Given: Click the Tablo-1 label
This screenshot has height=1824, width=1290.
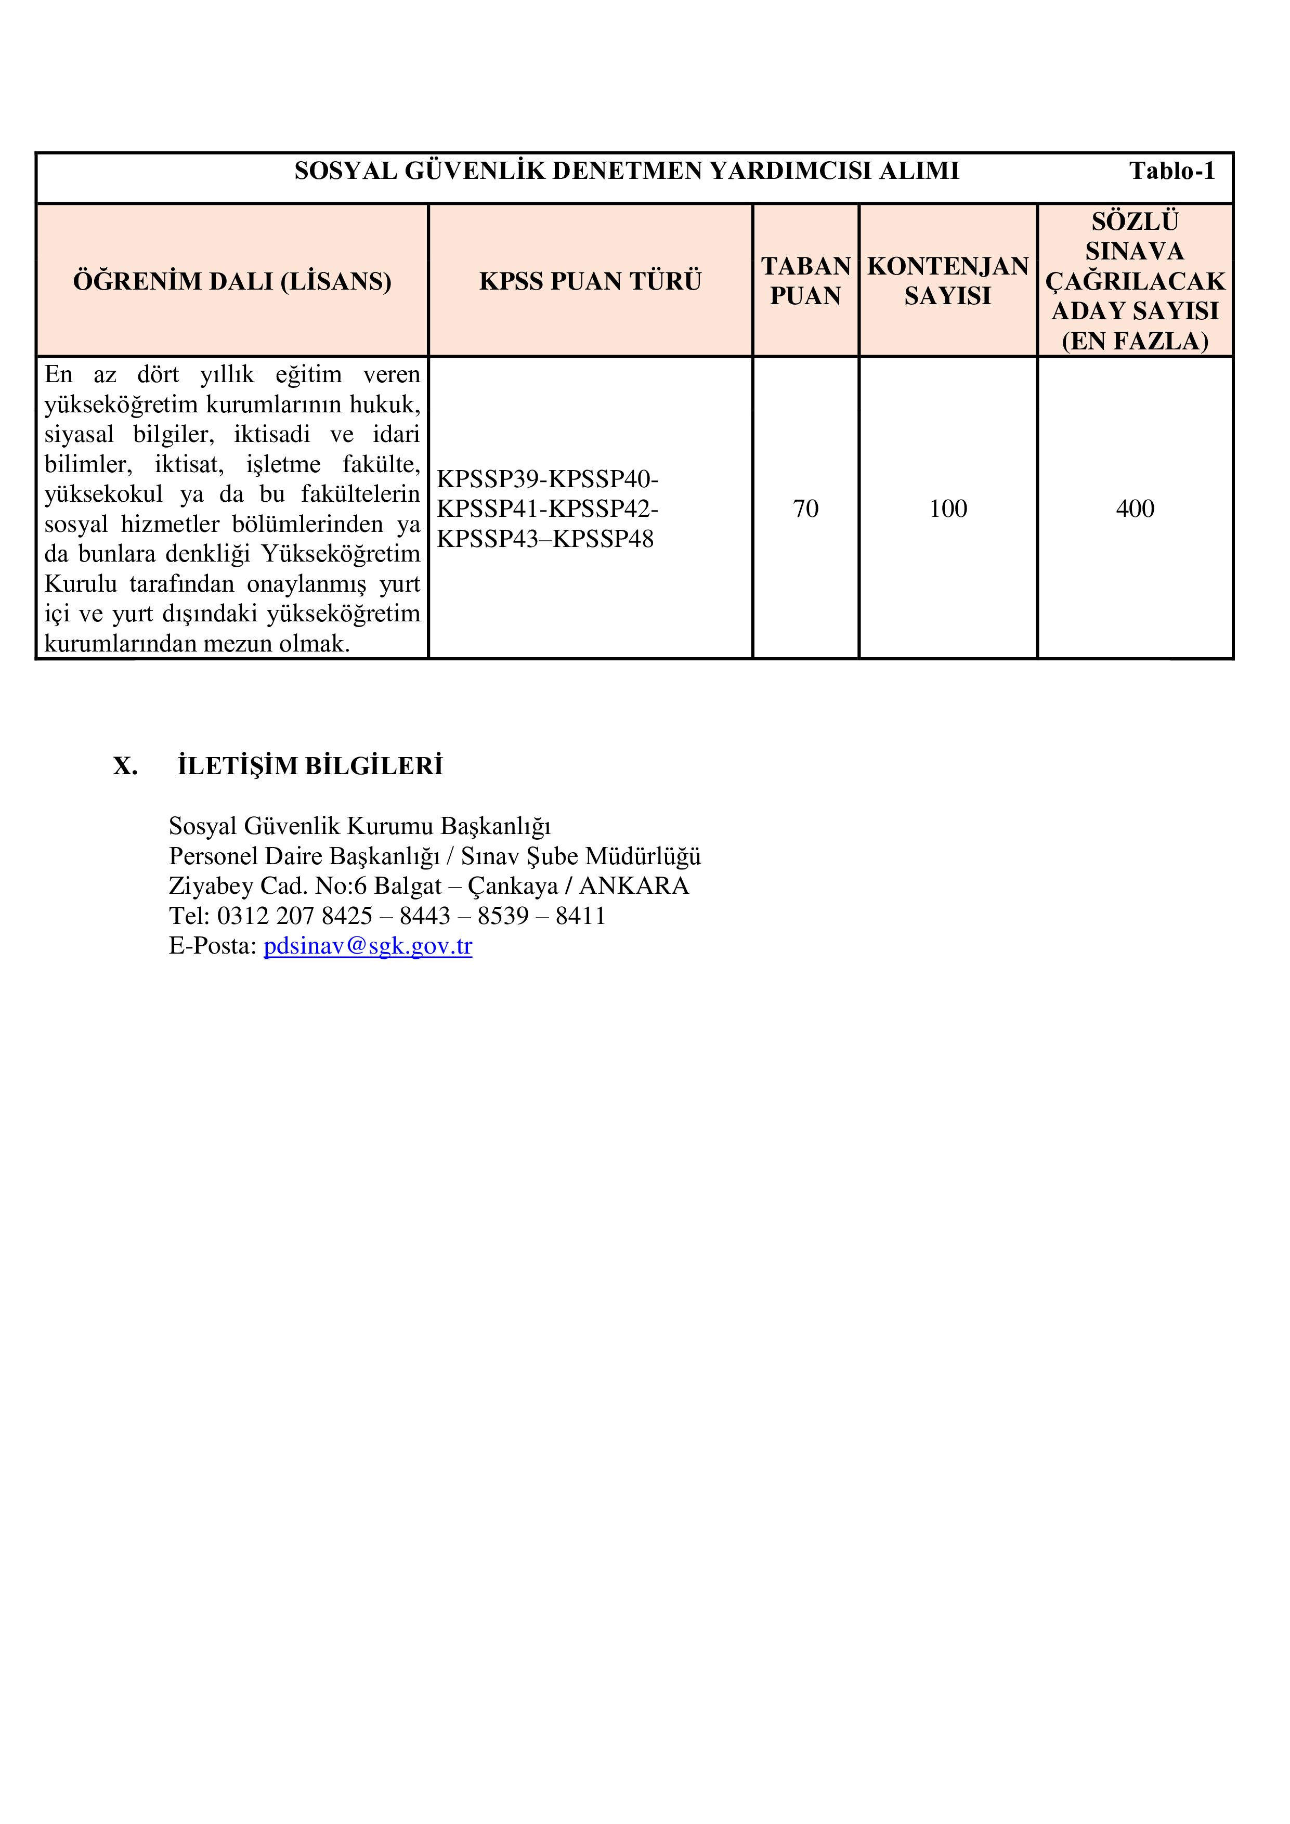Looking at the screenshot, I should pos(1171,171).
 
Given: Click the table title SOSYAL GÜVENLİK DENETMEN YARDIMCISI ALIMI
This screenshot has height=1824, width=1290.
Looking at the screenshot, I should pos(627,171).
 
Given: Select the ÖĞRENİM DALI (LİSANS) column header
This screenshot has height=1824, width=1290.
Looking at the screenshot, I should pos(232,281).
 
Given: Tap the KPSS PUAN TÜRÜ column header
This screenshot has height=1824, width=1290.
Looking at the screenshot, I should pos(590,281).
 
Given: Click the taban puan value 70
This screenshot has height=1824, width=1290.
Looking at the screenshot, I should pos(805,509).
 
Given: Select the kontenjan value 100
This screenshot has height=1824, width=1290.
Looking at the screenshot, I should pos(948,509).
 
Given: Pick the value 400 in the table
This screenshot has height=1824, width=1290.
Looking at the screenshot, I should pos(1135,509).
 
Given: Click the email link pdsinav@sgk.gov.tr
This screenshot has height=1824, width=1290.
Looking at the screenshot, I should pos(368,946).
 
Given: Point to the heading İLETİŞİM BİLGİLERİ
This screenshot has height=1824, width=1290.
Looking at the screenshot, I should pos(310,766).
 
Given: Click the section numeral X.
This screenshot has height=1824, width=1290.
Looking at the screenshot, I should pos(125,766).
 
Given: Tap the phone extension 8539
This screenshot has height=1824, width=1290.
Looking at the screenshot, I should pos(503,916).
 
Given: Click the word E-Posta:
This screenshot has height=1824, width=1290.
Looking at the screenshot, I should pos(213,946).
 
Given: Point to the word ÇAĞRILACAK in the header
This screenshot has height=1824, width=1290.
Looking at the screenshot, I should pos(1135,281).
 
